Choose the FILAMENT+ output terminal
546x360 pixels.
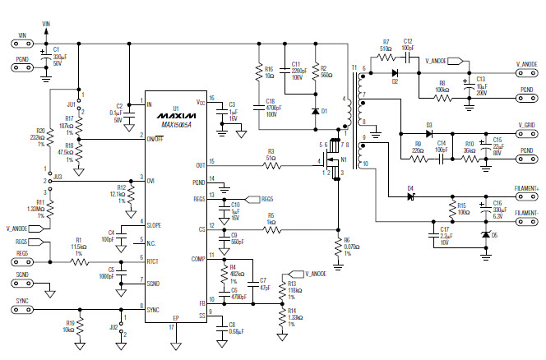point(527,196)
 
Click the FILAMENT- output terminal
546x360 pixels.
point(527,221)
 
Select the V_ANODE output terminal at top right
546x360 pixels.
point(527,71)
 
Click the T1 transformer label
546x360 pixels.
point(354,67)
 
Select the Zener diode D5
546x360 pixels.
point(484,234)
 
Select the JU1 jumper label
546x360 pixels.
point(71,105)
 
